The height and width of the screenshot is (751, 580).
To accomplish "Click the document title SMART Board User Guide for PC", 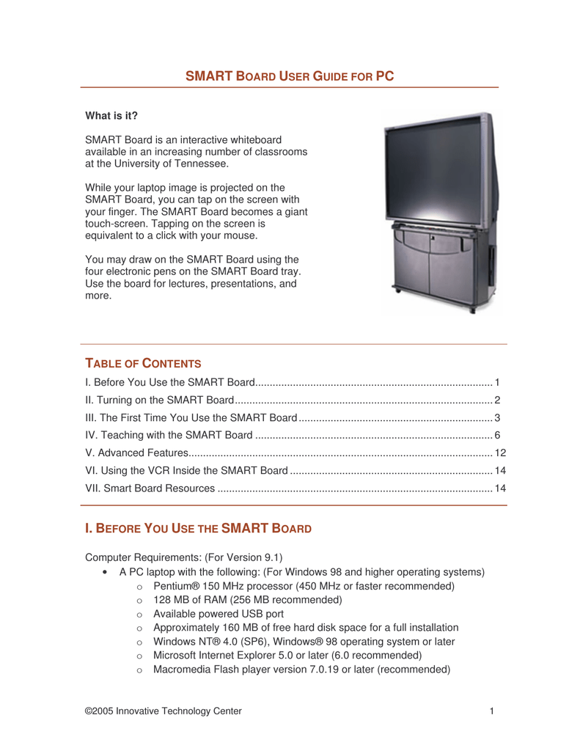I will (290, 76).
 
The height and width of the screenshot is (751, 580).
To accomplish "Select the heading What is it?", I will (111, 116).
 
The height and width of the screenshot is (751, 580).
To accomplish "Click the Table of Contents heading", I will (143, 363).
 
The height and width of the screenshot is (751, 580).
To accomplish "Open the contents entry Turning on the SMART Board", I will (159, 400).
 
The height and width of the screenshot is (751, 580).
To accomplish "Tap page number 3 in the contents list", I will (496, 418).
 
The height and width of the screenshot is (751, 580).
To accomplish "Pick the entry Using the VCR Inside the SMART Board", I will (187, 471).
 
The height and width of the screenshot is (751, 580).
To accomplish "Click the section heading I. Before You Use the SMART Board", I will (199, 528).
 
